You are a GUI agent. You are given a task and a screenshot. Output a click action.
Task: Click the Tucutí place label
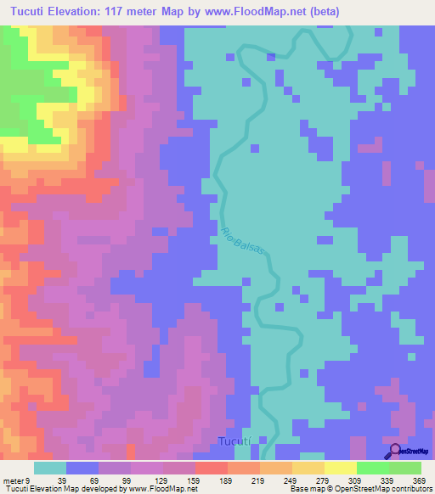[234, 442]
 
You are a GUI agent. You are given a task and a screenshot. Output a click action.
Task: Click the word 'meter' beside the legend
[12, 480]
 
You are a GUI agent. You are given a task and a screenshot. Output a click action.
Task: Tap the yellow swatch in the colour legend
[340, 468]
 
